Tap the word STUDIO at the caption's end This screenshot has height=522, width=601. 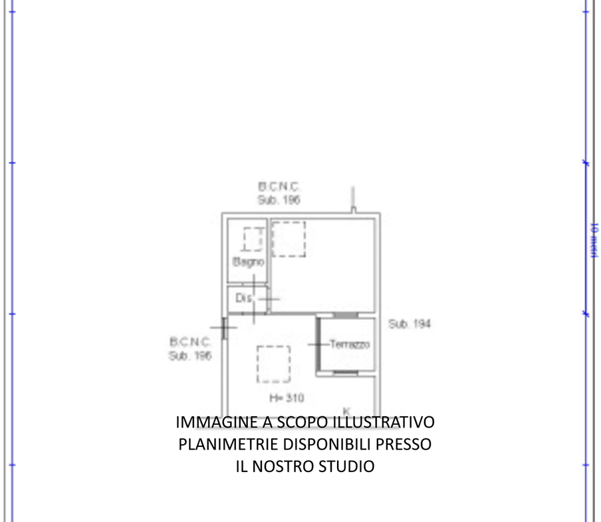(350, 466)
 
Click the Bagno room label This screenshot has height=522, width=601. (247, 262)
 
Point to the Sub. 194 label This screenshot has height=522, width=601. (410, 324)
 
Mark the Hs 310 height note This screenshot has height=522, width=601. (287, 398)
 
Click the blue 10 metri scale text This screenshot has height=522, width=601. (594, 238)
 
